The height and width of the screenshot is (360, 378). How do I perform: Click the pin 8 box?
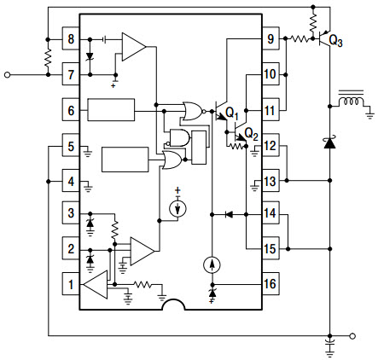(x=71, y=38)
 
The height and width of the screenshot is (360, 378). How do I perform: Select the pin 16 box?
(x=270, y=283)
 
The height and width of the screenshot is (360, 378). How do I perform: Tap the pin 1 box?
(x=71, y=284)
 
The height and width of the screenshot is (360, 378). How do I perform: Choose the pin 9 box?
(x=270, y=38)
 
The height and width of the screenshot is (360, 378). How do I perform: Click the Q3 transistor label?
(x=335, y=41)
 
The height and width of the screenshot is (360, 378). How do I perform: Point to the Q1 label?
(x=232, y=113)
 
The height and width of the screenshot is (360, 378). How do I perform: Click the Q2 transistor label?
(x=251, y=134)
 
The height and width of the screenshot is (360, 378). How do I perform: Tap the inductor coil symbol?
(x=351, y=102)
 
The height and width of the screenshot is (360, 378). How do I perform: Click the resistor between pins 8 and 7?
(x=48, y=57)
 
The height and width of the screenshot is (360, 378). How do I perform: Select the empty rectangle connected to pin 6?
(x=111, y=110)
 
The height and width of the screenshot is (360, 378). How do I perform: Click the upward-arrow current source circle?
(x=212, y=264)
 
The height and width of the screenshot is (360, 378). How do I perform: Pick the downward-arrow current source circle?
(x=177, y=208)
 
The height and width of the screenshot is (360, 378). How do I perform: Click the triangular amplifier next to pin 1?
(x=96, y=284)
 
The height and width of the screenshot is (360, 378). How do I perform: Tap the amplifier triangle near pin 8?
(x=134, y=47)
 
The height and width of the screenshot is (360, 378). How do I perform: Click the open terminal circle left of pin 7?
(x=8, y=75)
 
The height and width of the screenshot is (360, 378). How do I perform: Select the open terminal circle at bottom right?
(x=352, y=336)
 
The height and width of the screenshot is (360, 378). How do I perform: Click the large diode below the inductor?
(x=330, y=142)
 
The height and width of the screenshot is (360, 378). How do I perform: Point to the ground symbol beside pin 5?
(x=88, y=152)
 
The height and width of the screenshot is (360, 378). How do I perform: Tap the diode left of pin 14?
(x=229, y=214)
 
